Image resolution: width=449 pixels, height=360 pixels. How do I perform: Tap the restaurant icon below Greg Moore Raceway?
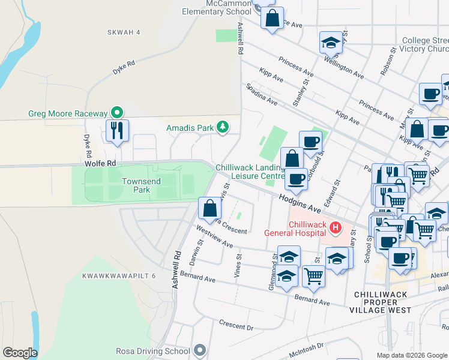pyautogui.click(x=117, y=130)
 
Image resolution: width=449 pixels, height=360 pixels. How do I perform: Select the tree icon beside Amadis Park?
pyautogui.click(x=223, y=127)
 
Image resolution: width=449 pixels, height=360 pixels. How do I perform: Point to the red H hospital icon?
pyautogui.click(x=336, y=228)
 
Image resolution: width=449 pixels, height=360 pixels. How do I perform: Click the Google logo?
pyautogui.click(x=20, y=353)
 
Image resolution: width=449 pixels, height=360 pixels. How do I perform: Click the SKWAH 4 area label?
pyautogui.click(x=123, y=32)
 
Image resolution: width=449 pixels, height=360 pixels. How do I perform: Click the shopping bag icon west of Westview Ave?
pyautogui.click(x=209, y=209)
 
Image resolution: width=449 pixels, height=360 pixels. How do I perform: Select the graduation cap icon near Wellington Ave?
pyautogui.click(x=330, y=43)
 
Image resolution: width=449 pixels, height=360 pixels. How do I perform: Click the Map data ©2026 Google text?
pyautogui.click(x=411, y=355)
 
